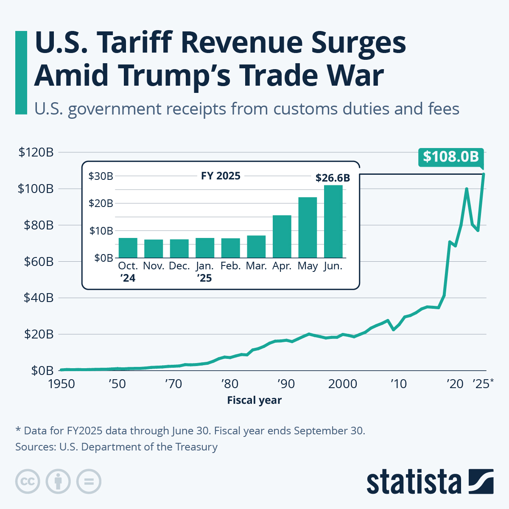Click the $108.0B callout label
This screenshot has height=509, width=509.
click(x=451, y=157)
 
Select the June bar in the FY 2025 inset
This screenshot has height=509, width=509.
click(x=333, y=221)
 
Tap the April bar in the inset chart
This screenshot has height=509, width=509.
click(x=282, y=236)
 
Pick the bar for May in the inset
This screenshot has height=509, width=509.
click(x=308, y=227)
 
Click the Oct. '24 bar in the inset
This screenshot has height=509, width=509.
click(x=128, y=248)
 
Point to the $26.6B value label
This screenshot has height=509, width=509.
click(x=333, y=178)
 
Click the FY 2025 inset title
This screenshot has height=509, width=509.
click(x=221, y=176)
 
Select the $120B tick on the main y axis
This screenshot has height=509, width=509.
click(x=36, y=152)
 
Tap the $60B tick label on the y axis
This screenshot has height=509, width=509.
click(x=36, y=262)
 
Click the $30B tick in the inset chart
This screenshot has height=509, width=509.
click(x=101, y=176)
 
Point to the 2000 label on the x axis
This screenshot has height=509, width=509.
click(x=343, y=384)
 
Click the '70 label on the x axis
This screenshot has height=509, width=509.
click(x=173, y=384)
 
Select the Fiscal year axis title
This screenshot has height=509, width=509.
click(x=254, y=400)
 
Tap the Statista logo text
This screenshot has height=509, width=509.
click(x=414, y=482)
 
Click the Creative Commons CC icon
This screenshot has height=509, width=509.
click(x=28, y=482)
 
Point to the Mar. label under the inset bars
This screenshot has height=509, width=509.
click(x=256, y=266)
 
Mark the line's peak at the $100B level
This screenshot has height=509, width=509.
click(x=467, y=189)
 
